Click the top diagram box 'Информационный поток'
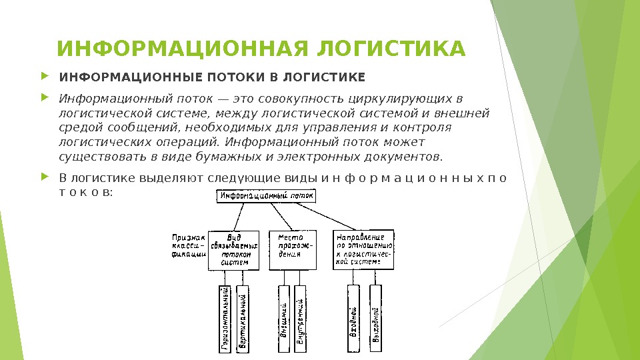coord(265,196)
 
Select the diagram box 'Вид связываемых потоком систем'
coord(233,250)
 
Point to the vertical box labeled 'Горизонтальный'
coord(225,318)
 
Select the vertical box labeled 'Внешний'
coord(283,318)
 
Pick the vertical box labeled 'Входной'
coord(353,318)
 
